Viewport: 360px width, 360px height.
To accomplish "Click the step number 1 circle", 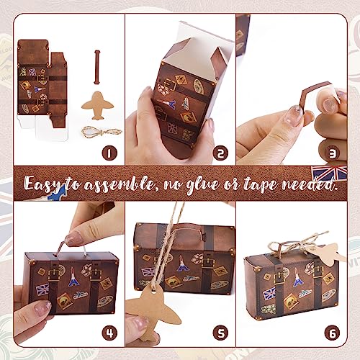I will pos(109,152).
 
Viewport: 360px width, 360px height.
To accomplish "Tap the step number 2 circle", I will pos(220,153).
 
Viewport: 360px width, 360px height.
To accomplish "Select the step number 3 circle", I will pos(330,153).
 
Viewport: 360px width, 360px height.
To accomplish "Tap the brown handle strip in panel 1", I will pos(96,68).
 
